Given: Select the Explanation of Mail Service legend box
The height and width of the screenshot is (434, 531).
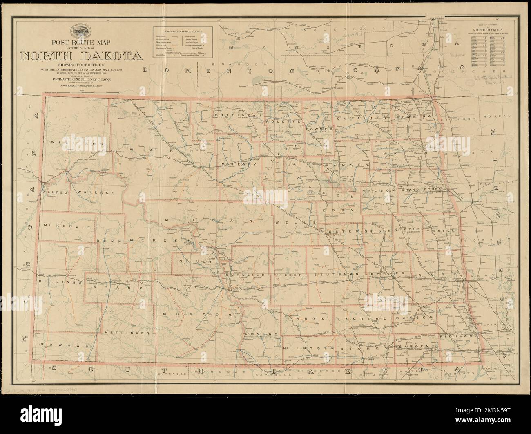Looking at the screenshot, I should click(183, 43).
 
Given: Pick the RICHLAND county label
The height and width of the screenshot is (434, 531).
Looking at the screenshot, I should click(459, 335).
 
